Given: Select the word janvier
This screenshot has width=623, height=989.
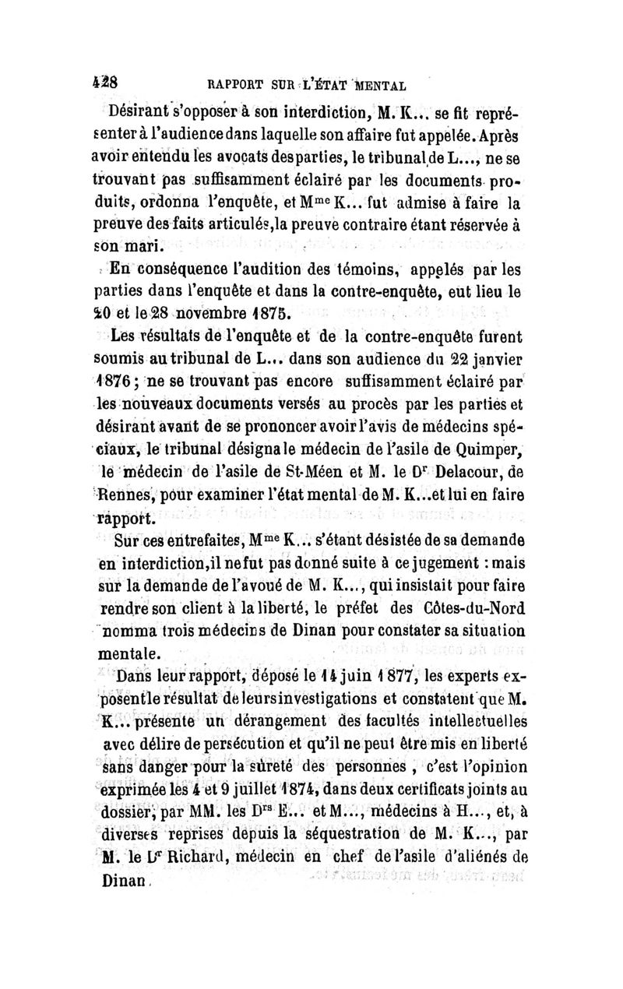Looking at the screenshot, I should click(490, 361).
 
